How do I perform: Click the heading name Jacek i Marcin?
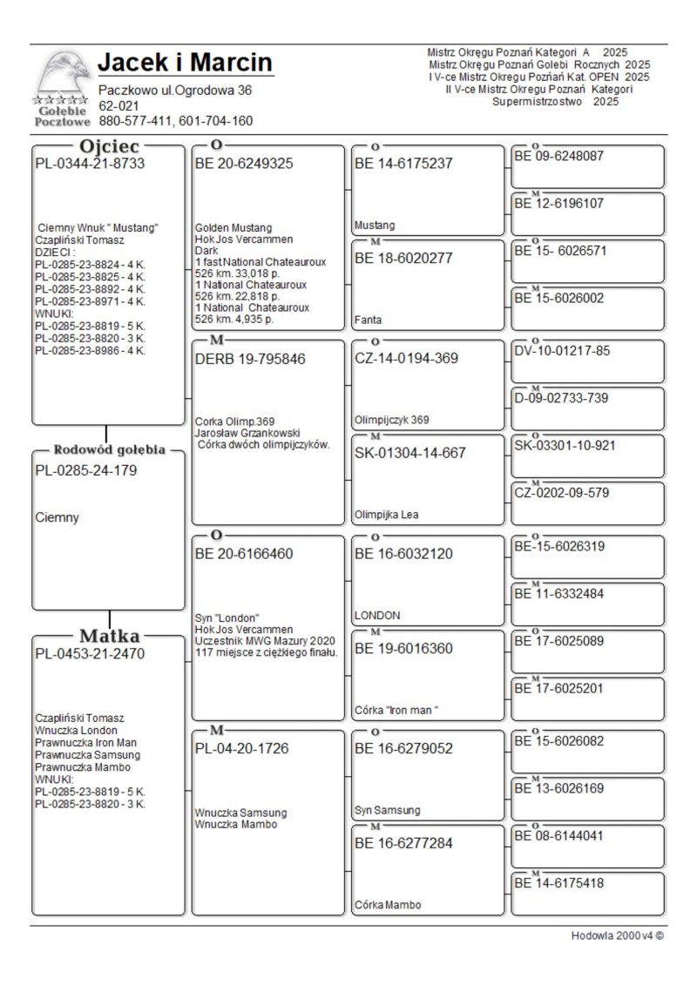coord(185,63)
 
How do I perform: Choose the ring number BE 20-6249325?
coord(244,163)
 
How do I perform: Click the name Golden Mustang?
coord(228,227)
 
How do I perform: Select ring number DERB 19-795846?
coord(250,358)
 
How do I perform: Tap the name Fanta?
coord(367,320)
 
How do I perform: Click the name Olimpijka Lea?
coord(385,515)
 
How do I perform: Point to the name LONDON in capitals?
coord(377,615)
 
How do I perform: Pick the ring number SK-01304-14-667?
coord(410,453)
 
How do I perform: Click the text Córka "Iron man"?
coord(396,710)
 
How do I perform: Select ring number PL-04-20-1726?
coord(241,748)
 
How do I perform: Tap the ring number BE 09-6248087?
coord(561,157)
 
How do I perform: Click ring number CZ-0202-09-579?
coord(561,493)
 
